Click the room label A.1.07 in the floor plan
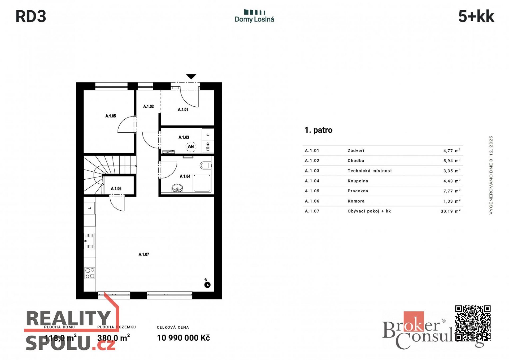click(144, 254)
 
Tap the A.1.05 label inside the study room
click(111, 116)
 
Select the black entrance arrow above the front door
click(191, 76)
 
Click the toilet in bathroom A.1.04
click(205, 166)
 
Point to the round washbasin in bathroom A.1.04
click(177, 188)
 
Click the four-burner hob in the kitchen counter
click(90, 273)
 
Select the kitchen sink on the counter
click(89, 241)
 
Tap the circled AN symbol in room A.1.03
click(191, 146)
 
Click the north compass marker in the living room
click(207, 285)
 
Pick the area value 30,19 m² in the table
click(450, 211)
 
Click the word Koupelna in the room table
click(358, 181)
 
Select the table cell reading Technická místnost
click(370, 171)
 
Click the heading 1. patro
click(318, 130)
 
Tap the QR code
click(473, 323)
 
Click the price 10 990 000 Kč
click(183, 338)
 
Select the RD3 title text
click(31, 16)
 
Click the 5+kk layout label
click(476, 16)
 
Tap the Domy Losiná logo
click(254, 16)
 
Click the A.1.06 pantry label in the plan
click(116, 189)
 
